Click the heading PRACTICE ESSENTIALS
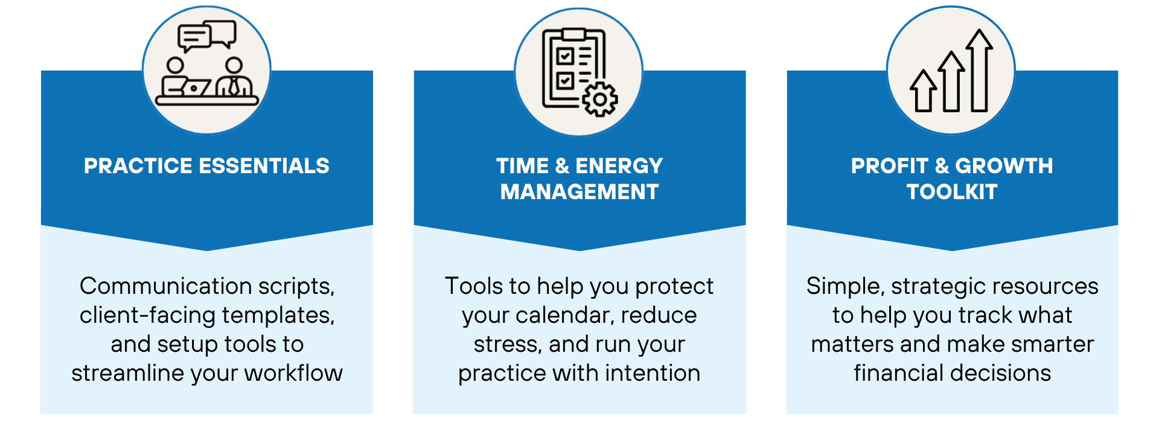click(206, 166)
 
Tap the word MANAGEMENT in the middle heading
click(579, 192)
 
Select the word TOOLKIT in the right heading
click(952, 192)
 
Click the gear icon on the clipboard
click(599, 99)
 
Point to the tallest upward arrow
click(979, 71)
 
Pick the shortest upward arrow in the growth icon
click(924, 91)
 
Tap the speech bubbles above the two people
click(207, 36)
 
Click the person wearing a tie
click(234, 78)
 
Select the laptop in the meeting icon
click(187, 87)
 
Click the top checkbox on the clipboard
click(565, 57)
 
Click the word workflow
click(293, 373)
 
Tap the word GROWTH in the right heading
click(1004, 166)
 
